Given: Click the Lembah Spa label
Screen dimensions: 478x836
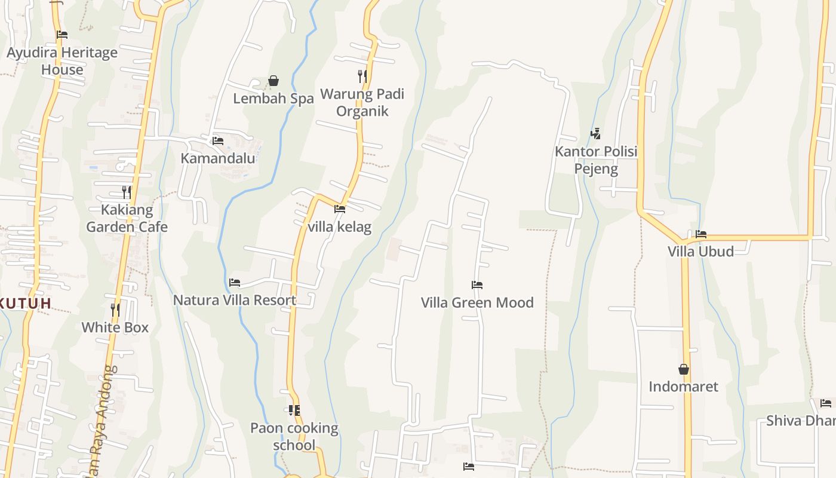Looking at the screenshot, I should tap(273, 99).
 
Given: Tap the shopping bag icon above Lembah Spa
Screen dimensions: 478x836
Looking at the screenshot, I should tap(273, 81).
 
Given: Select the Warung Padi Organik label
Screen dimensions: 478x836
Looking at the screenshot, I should tap(362, 102).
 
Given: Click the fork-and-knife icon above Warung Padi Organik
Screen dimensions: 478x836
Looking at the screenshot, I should tap(362, 76).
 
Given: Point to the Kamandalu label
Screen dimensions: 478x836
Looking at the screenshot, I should tap(218, 158).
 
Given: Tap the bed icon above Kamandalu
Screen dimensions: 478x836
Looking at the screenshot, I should tap(218, 141).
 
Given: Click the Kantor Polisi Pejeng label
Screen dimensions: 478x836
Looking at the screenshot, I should tap(596, 160).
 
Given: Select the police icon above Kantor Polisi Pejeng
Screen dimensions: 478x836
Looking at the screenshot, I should tap(595, 134).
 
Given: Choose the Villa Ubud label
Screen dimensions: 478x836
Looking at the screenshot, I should tap(700, 251).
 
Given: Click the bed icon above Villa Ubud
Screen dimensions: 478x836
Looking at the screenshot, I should tap(701, 234).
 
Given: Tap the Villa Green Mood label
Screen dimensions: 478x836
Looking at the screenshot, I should tap(477, 302).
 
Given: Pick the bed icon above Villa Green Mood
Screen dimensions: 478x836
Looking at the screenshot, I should tap(477, 285).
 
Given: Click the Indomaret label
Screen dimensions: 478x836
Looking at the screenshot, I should tap(683, 387).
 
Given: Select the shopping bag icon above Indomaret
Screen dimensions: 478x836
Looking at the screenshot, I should tap(684, 369).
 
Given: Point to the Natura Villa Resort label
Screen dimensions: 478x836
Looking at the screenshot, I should tap(235, 300).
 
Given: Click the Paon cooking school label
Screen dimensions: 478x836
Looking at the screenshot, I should tap(294, 436).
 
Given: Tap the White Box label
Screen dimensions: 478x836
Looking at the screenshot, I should tap(115, 327).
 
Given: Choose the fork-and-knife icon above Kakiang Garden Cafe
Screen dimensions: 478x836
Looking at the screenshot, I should tap(127, 192).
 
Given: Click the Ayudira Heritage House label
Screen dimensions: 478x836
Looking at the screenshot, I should tap(62, 61).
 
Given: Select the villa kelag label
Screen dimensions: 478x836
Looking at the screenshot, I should tap(339, 227).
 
